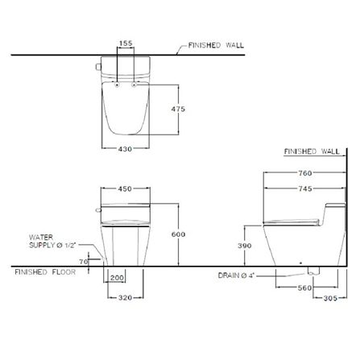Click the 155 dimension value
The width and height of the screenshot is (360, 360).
point(126,43)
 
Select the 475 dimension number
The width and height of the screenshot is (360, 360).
point(178,109)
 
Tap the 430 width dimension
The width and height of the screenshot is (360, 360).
point(125,149)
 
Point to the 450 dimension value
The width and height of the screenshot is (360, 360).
point(125,188)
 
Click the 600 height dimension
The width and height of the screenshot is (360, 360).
point(178,234)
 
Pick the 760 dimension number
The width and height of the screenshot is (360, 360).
point(305,173)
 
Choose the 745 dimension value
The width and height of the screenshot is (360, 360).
point(305,188)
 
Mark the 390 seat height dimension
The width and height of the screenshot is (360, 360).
point(245,246)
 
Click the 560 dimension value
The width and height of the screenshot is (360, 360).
point(305,288)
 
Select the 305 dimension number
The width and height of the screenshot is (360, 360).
point(330,298)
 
